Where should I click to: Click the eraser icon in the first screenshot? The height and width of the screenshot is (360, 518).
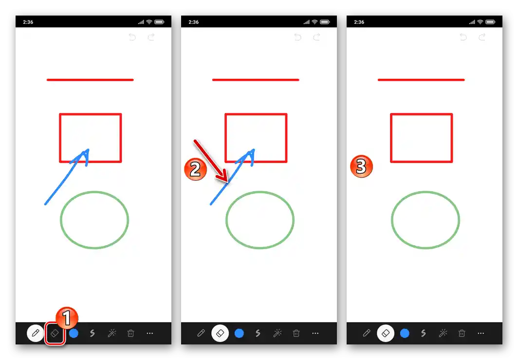click(55, 333)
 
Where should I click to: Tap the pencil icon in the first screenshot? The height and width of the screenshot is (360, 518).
click(36, 333)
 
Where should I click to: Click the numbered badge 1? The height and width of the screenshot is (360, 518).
click(67, 319)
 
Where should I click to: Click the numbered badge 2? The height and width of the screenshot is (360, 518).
click(195, 169)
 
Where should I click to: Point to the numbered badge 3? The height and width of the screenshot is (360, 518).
click(361, 167)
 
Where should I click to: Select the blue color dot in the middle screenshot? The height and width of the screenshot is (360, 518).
click(239, 333)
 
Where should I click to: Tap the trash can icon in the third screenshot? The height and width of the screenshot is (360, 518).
click(462, 333)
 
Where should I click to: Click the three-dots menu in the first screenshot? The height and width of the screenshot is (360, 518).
click(150, 333)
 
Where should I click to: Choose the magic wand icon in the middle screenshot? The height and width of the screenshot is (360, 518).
click(277, 333)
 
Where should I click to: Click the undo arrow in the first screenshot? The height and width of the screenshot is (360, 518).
click(132, 37)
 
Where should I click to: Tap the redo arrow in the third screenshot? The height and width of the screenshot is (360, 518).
click(482, 37)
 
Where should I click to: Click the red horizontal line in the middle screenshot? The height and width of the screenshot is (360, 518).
click(256, 80)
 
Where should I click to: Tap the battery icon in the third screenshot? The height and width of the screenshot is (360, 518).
click(490, 22)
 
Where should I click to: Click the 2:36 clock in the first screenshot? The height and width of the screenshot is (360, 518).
click(28, 22)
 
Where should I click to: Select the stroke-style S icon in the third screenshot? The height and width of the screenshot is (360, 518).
click(423, 333)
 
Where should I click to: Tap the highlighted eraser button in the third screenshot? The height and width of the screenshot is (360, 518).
click(386, 333)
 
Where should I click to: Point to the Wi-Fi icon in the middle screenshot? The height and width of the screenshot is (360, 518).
click(314, 22)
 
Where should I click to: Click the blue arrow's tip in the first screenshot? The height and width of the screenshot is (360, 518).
click(88, 151)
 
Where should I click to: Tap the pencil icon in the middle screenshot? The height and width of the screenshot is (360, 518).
click(201, 333)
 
